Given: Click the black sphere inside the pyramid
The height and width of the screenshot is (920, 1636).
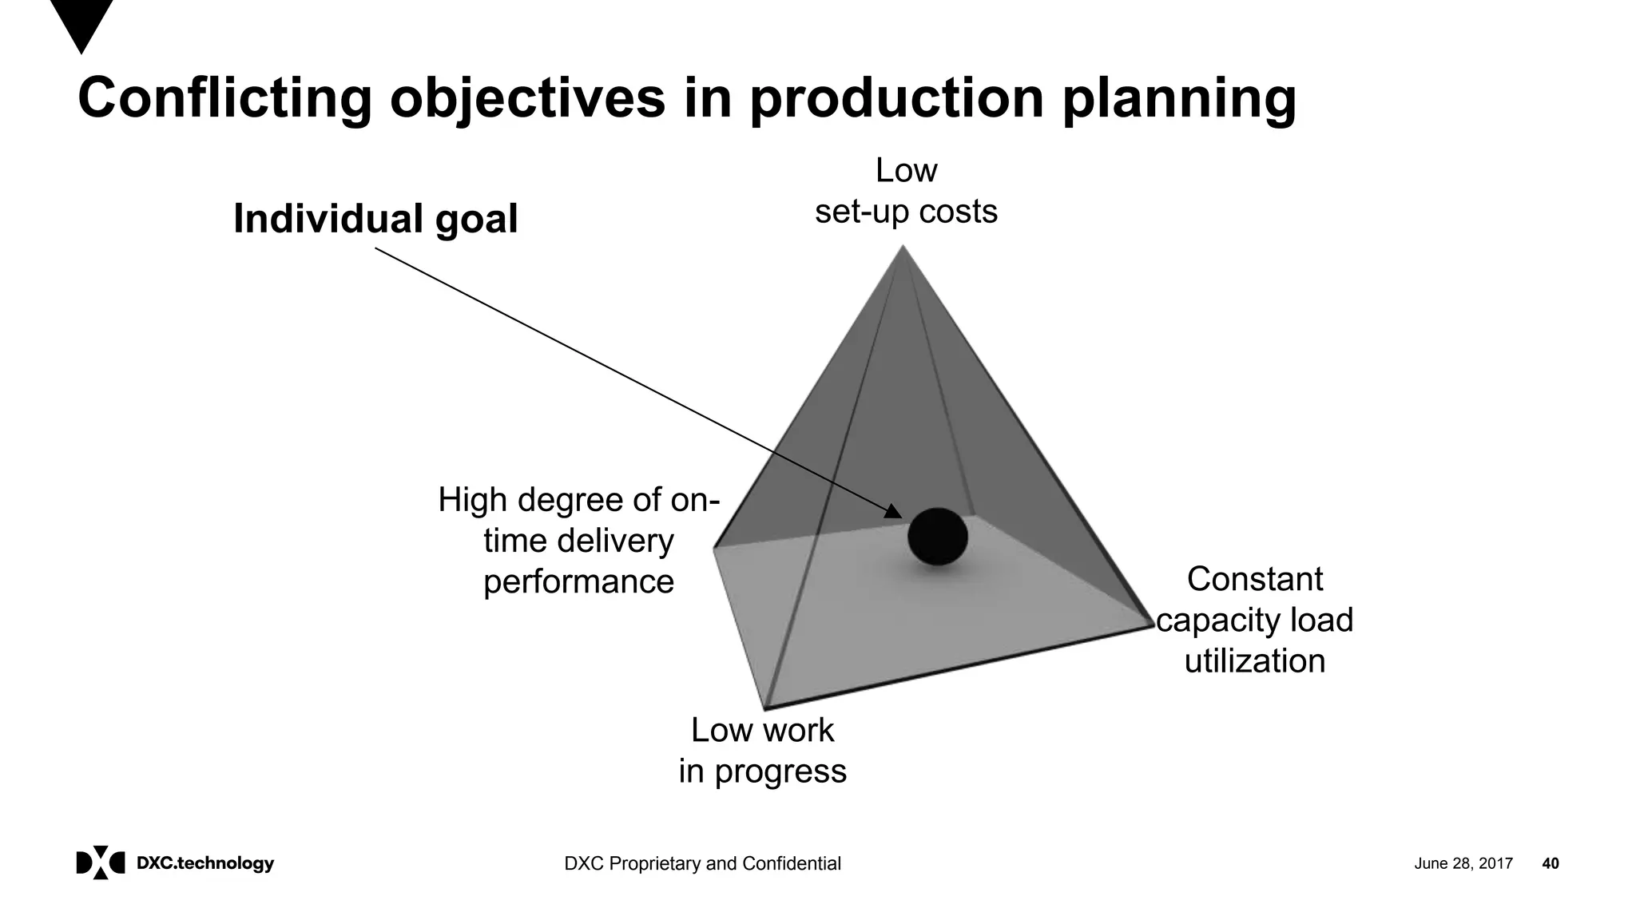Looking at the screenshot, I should pos(937,537).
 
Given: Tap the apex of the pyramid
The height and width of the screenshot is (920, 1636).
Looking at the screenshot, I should pos(903,247).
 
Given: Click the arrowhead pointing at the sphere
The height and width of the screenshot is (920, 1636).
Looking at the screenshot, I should pos(894,512).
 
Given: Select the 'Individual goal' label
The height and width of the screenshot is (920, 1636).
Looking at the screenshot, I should pos(375,219).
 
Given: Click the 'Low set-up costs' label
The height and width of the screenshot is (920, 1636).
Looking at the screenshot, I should pos(906,191).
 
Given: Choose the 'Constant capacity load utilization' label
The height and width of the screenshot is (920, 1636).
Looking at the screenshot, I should pos(1254,621).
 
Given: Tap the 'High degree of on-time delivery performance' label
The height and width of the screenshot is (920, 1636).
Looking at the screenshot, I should pos(579,541).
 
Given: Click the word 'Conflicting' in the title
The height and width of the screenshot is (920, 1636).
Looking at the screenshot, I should pos(224,98).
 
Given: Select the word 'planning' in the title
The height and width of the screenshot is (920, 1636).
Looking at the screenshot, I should pos(1178,98).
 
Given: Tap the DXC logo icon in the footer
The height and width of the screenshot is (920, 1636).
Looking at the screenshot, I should pos(101,862).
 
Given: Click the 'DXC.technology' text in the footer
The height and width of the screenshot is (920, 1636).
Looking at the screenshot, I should pos(205,863).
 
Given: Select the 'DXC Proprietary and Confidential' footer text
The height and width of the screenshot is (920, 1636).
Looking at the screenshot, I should pos(702,863).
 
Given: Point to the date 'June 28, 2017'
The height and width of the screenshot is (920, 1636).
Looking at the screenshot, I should pos(1463,863).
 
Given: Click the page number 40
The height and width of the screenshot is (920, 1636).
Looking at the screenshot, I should pos(1550,863).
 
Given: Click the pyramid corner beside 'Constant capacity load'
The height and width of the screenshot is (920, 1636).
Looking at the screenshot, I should pos(1153,625).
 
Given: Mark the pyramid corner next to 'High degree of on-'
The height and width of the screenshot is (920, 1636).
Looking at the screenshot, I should pos(714,548).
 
